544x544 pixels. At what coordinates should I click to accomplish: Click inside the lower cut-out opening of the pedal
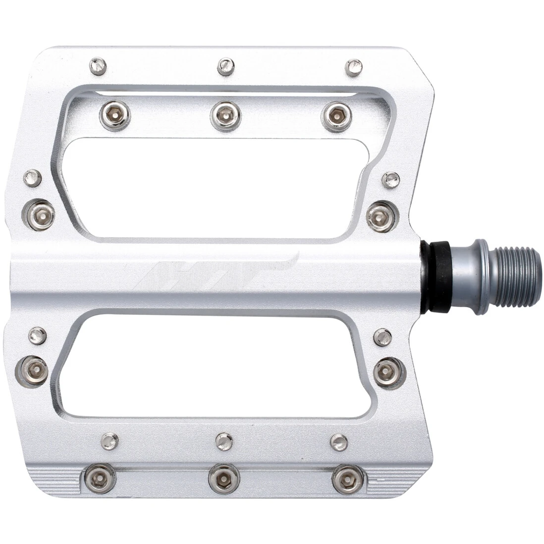[213, 367]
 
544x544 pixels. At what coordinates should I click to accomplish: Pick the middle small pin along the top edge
[226, 66]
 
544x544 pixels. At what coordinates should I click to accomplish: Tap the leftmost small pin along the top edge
[98, 65]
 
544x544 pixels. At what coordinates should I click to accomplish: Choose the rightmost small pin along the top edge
[353, 67]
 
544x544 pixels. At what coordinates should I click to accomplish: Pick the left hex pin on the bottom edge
[100, 478]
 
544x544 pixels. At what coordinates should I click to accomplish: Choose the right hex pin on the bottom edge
[347, 479]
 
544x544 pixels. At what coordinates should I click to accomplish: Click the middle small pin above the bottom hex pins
[224, 441]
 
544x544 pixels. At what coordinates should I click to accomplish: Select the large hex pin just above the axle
[382, 216]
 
